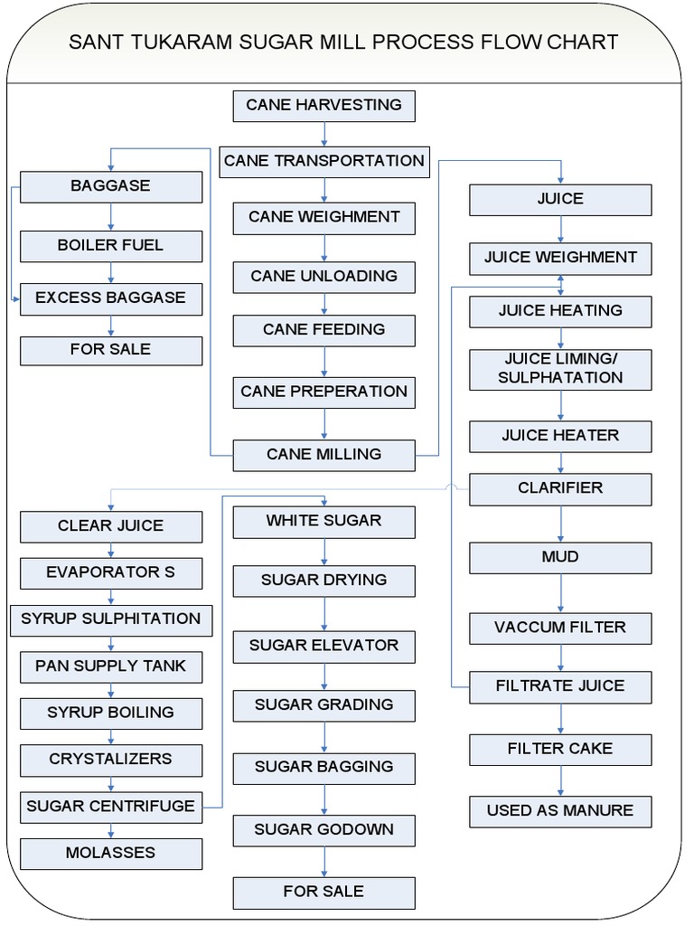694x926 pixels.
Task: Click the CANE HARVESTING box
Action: pyautogui.click(x=324, y=105)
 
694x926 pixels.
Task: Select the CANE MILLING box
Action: pyautogui.click(x=324, y=455)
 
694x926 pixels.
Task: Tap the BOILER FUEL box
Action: pyautogui.click(x=110, y=246)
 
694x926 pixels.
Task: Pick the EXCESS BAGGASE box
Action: pyautogui.click(x=110, y=298)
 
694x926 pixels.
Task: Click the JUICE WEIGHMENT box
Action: pyautogui.click(x=560, y=258)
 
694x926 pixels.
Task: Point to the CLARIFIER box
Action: pyautogui.click(x=560, y=488)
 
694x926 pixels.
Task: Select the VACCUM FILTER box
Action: pyautogui.click(x=560, y=628)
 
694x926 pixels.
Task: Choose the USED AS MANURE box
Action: pyautogui.click(x=560, y=811)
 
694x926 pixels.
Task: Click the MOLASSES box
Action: pyautogui.click(x=110, y=853)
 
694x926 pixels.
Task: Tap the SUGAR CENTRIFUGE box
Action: pyautogui.click(x=110, y=806)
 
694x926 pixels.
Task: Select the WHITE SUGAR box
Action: pyautogui.click(x=324, y=521)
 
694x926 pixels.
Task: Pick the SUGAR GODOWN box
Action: pyautogui.click(x=324, y=830)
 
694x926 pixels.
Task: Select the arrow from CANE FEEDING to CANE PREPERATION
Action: pyautogui.click(x=324, y=362)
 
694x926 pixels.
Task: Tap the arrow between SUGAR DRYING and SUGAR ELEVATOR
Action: pyautogui.click(x=324, y=614)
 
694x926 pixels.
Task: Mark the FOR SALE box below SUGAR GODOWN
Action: pyautogui.click(x=324, y=892)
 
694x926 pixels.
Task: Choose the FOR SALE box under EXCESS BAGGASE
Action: pyautogui.click(x=110, y=350)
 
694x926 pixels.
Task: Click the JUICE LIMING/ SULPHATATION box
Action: pyautogui.click(x=560, y=369)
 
